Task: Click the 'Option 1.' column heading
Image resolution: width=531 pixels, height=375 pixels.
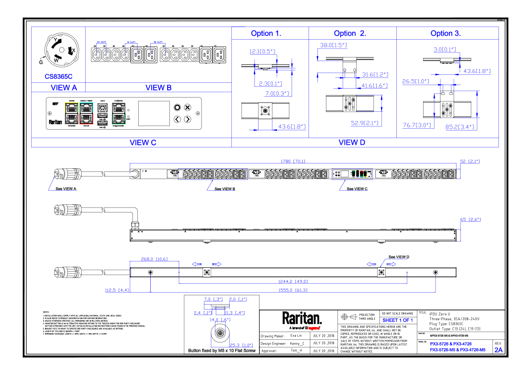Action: coord(266,33)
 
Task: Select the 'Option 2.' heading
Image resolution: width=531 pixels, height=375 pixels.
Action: coord(350,33)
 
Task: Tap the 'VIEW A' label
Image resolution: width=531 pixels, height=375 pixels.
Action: coord(64,88)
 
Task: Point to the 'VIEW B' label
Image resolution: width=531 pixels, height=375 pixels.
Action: coord(158,88)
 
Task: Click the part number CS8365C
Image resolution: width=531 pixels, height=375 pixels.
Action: coord(58,77)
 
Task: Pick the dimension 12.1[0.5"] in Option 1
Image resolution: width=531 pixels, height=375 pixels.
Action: coord(262,52)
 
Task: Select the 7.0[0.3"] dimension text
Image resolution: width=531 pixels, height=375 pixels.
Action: coord(277,94)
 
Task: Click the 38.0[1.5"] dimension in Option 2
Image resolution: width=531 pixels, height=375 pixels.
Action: coord(333,45)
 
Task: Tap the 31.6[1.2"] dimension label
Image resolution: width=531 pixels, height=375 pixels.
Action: coord(375,74)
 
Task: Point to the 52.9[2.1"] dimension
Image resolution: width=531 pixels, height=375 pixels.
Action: coord(364,123)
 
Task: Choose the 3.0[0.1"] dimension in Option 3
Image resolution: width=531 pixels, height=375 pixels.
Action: coord(445,49)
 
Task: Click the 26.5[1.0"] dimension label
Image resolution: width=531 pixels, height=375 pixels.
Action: coord(416,82)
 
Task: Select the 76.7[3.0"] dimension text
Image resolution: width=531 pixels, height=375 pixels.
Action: coord(417,126)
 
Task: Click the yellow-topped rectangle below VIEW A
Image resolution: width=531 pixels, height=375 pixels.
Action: coord(71,113)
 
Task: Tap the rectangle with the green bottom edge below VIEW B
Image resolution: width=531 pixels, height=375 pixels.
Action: coord(119,113)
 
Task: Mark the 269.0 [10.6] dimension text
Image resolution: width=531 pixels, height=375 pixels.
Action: coord(154,259)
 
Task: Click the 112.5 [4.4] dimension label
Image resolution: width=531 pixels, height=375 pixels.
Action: coord(117,290)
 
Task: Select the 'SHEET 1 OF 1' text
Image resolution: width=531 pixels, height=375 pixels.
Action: coord(398,321)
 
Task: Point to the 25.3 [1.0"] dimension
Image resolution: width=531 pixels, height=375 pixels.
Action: coord(241,346)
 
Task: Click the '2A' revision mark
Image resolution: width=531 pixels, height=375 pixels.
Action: coord(498,350)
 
